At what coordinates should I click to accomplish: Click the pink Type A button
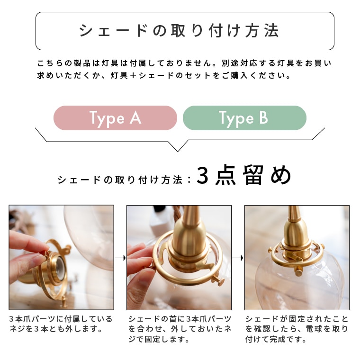pos(115,118)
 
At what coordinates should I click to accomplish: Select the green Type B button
pos(244,118)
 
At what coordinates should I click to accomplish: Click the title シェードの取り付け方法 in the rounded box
pos(180,31)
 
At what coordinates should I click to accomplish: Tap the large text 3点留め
pos(243,177)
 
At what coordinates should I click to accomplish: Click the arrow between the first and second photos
pos(120,258)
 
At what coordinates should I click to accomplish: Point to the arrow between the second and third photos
pos(238,258)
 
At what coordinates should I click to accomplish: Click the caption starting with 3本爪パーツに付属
pos(61,324)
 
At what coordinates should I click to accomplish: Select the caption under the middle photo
pos(180,329)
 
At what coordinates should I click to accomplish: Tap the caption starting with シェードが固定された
pos(297,329)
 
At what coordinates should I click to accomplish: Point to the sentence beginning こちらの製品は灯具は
pos(184,63)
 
